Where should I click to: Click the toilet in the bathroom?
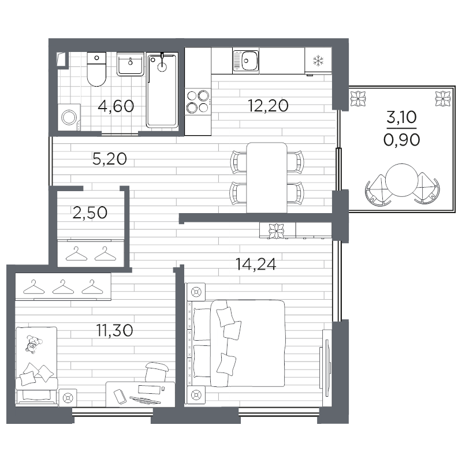[x=95, y=70]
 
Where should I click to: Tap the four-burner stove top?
[x=198, y=101]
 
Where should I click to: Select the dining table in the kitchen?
[x=266, y=177]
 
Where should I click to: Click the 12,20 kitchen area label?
[x=268, y=106]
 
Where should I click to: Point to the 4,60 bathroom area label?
[x=115, y=106]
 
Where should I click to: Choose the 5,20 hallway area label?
[x=109, y=159]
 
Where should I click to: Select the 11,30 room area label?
[x=114, y=330]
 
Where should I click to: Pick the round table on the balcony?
[x=402, y=181]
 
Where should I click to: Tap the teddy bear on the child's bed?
[x=32, y=344]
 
